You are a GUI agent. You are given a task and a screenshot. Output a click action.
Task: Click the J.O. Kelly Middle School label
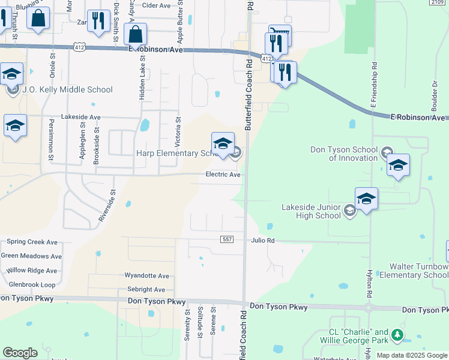point(67,90)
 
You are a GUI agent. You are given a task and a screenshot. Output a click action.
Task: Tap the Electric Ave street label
point(223,175)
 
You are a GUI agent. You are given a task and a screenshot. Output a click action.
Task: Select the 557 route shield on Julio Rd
point(227,239)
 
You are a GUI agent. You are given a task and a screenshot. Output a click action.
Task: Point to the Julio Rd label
point(263,241)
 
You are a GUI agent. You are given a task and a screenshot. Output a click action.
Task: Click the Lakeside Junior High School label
point(311,211)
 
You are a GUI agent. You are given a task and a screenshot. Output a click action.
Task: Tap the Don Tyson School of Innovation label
point(344,154)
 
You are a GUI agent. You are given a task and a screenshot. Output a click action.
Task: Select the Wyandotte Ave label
point(147,276)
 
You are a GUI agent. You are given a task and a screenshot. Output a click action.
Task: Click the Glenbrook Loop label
point(32,285)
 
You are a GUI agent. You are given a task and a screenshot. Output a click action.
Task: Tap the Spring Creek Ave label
point(32,242)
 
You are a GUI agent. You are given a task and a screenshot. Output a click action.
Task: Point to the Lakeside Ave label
point(81,117)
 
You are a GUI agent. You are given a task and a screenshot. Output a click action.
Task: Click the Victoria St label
point(178,129)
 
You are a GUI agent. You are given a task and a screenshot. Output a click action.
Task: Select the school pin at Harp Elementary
point(223,144)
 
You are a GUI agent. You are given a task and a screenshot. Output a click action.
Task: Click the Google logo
point(20,353)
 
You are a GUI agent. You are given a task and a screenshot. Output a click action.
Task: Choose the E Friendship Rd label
point(373,85)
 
